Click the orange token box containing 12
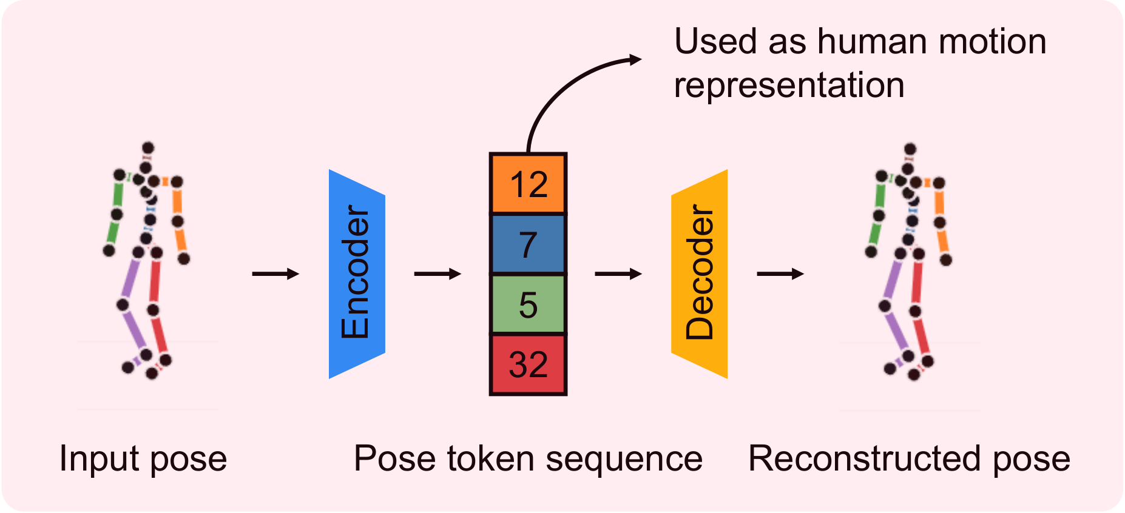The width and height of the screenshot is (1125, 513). coord(528,184)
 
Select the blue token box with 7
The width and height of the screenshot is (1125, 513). coord(528,244)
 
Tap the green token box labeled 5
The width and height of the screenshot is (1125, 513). coord(528,304)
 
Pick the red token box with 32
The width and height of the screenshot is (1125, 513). coord(528,364)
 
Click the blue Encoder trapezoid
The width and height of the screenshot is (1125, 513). coord(357,274)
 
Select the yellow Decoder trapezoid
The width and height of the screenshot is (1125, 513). coord(700,274)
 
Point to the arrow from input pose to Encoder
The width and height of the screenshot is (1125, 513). coord(275,274)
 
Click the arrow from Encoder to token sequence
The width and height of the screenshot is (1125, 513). coord(437,274)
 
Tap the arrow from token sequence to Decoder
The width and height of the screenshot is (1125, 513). coord(618,274)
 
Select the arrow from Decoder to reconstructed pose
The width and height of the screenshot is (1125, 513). coord(780,274)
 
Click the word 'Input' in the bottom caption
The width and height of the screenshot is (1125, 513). coord(100,458)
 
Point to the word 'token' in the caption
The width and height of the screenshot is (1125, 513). coord(491,458)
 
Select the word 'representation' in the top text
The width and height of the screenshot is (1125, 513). coord(789,85)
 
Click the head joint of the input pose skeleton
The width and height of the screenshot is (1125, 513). coord(148,147)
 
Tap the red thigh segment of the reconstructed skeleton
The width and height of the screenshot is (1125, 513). coord(917,282)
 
